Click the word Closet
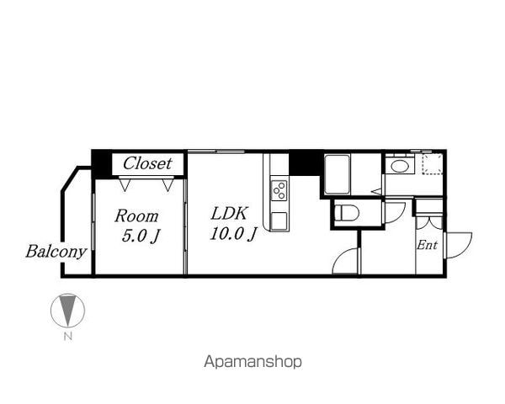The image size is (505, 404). pos(147,163)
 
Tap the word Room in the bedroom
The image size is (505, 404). pos(136,215)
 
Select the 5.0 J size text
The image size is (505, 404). pos(141,237)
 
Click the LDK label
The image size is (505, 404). pos(229,213)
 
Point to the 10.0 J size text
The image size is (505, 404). pos(233,234)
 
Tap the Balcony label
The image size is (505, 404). pos(56,252)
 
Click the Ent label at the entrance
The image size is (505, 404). pos(427,245)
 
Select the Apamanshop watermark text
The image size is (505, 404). pos(252,362)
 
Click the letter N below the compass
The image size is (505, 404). pos(67,337)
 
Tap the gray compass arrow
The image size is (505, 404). pos(67,309)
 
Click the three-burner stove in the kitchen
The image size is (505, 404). pos(279,191)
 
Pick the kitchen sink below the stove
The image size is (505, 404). pos(279,221)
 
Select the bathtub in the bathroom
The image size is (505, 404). pos(338,174)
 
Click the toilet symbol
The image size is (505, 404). pos(346,213)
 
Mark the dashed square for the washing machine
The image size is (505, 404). pos(433,164)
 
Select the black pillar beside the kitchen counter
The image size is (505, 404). pos(306,163)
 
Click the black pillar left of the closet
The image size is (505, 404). pos(102,164)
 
